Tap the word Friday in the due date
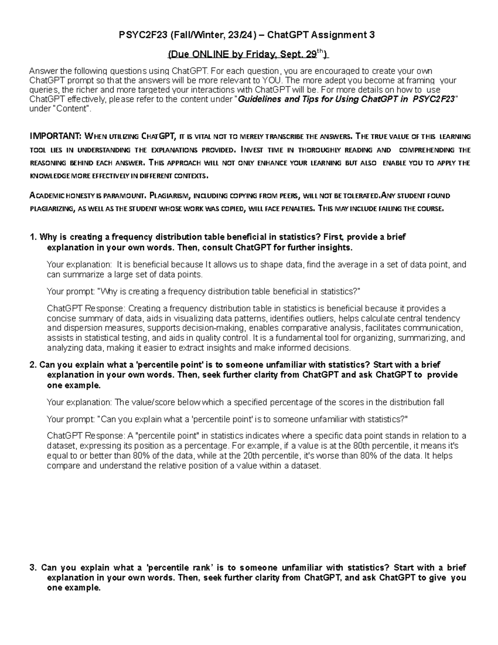tap(258, 54)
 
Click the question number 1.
tap(33, 237)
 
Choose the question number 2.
tap(33, 365)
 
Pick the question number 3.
tap(33, 568)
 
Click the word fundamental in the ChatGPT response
tap(287, 338)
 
